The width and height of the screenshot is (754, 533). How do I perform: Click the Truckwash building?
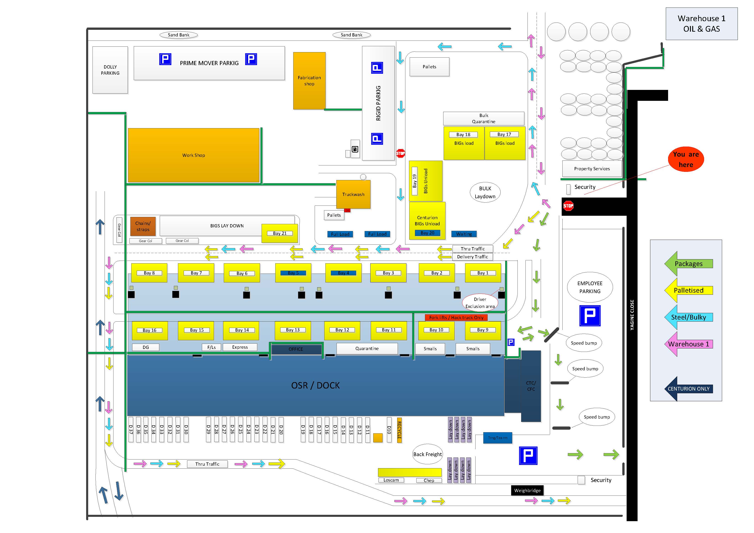[353, 194]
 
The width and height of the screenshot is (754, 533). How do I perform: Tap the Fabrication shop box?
[309, 81]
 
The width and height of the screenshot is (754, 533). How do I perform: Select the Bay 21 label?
[280, 233]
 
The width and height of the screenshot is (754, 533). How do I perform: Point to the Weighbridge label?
[527, 490]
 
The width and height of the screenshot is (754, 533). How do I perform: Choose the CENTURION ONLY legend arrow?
[688, 388]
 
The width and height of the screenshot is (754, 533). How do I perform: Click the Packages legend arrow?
[688, 264]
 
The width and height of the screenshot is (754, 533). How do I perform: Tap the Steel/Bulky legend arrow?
[688, 317]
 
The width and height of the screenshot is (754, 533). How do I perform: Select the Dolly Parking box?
[110, 70]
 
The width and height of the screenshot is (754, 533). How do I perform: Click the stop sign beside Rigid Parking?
[401, 153]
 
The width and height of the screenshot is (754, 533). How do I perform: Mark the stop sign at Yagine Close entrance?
[568, 206]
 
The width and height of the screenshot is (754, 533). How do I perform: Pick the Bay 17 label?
[504, 134]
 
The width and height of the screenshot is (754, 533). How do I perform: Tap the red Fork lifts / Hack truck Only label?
[456, 317]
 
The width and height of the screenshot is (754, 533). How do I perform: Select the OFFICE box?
[296, 349]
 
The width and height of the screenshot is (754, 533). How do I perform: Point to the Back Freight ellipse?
[427, 454]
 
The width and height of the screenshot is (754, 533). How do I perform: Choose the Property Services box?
[592, 169]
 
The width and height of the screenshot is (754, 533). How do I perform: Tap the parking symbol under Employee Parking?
[590, 316]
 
